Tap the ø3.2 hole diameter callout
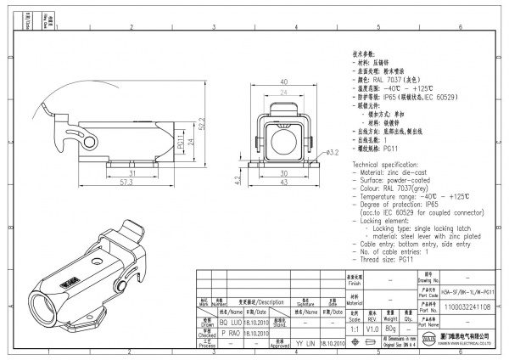[332, 153]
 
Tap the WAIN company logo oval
[405, 339]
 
